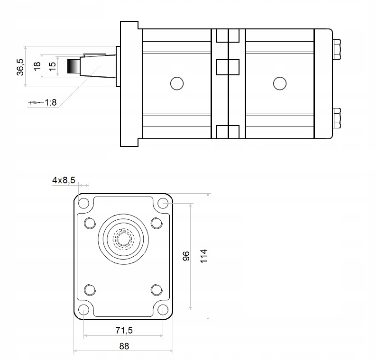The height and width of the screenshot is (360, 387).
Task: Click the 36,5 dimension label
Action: coord(20,67)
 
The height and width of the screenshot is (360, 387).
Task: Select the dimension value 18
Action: coord(37,66)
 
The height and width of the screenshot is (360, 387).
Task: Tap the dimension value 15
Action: coord(52,66)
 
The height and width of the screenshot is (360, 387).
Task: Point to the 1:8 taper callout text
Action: coord(51,102)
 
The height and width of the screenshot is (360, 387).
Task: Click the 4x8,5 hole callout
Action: coord(64,180)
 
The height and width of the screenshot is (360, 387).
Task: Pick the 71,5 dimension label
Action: coord(124,330)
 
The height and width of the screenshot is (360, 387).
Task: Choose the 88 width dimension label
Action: coord(124,346)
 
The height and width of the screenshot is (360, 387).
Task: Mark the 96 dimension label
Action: coord(186,256)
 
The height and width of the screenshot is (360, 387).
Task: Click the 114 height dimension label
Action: coord(203,256)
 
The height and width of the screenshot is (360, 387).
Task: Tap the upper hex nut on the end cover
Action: coord(337,49)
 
